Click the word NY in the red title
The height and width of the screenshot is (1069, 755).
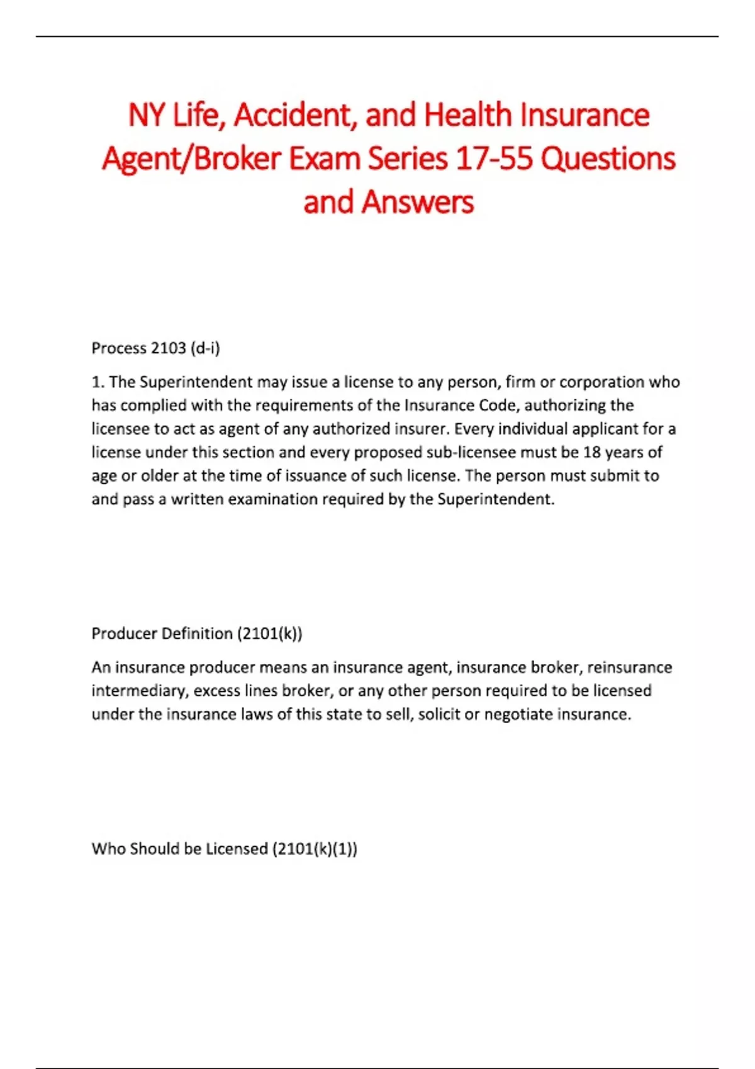(x=147, y=115)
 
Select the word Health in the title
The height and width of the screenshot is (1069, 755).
(x=468, y=115)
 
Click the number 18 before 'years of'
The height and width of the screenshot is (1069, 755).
(x=592, y=452)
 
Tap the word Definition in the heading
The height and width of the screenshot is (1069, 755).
(x=197, y=633)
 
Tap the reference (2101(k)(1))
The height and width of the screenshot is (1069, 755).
(x=315, y=849)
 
